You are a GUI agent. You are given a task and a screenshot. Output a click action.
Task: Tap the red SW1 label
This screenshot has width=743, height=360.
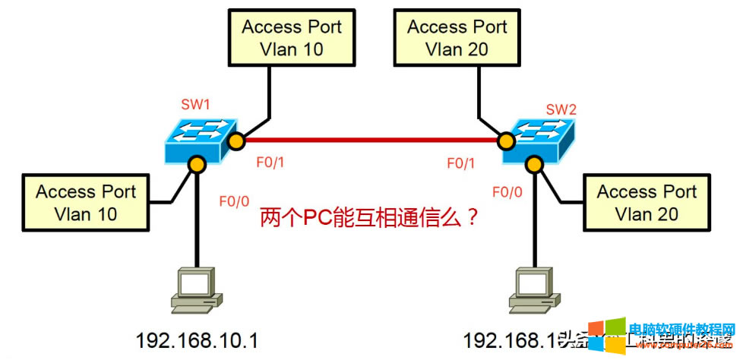(x=194, y=103)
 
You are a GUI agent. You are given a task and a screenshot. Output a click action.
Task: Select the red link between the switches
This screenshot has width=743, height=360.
(x=369, y=140)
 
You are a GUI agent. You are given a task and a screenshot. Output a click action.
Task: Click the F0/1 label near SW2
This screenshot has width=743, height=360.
(x=461, y=163)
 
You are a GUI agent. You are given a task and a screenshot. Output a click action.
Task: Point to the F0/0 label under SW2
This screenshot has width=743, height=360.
(x=507, y=191)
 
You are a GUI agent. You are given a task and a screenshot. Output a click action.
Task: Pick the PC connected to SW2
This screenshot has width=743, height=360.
(x=533, y=289)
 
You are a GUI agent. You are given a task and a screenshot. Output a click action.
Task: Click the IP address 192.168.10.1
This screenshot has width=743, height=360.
(x=197, y=340)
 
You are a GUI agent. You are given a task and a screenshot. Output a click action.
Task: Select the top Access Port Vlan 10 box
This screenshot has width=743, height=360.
(x=292, y=38)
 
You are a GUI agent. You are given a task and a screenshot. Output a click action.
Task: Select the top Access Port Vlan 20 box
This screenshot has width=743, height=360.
(x=457, y=38)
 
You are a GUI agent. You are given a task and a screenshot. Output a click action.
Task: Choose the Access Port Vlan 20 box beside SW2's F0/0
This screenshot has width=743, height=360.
(x=647, y=203)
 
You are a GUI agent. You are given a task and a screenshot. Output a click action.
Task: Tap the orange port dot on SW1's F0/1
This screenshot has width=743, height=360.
(x=237, y=141)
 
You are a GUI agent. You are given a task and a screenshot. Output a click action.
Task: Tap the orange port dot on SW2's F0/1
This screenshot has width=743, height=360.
(x=504, y=141)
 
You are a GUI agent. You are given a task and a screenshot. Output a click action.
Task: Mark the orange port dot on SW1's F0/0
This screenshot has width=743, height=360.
(x=197, y=164)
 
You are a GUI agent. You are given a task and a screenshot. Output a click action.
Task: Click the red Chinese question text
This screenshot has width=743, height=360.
(x=369, y=218)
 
